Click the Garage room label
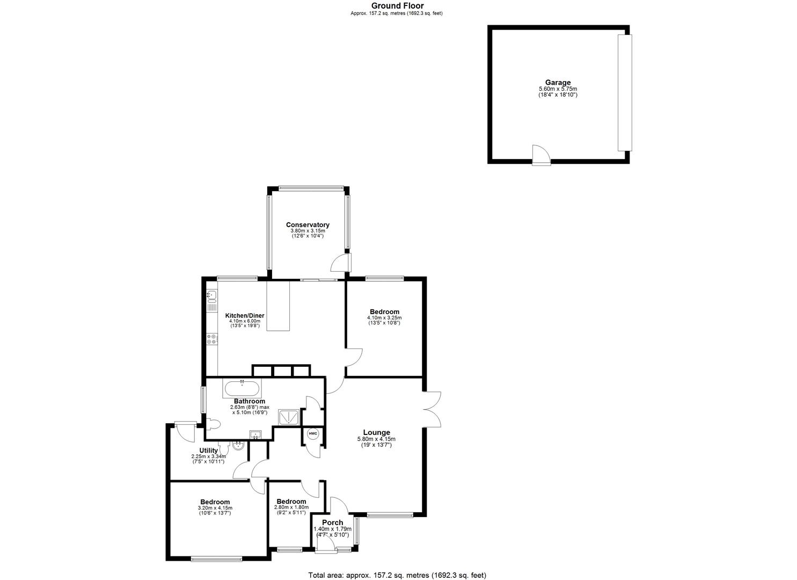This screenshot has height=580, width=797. [558, 82]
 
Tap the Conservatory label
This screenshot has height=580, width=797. [308, 224]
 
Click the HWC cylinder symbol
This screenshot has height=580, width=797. [313, 433]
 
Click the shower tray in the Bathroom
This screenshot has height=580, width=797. [288, 416]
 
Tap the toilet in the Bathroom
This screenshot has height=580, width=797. [213, 425]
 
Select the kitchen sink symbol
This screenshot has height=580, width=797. [211, 295]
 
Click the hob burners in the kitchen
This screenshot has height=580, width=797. [211, 339]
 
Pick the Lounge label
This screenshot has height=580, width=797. [376, 432]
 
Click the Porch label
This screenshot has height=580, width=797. [332, 523]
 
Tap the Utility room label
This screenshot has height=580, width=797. [208, 451]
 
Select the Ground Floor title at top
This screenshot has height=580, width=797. [398, 6]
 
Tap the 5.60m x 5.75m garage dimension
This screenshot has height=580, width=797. [558, 89]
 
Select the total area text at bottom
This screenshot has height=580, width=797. [398, 575]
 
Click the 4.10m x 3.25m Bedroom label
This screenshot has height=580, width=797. [384, 311]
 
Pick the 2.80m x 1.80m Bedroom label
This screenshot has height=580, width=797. [290, 502]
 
